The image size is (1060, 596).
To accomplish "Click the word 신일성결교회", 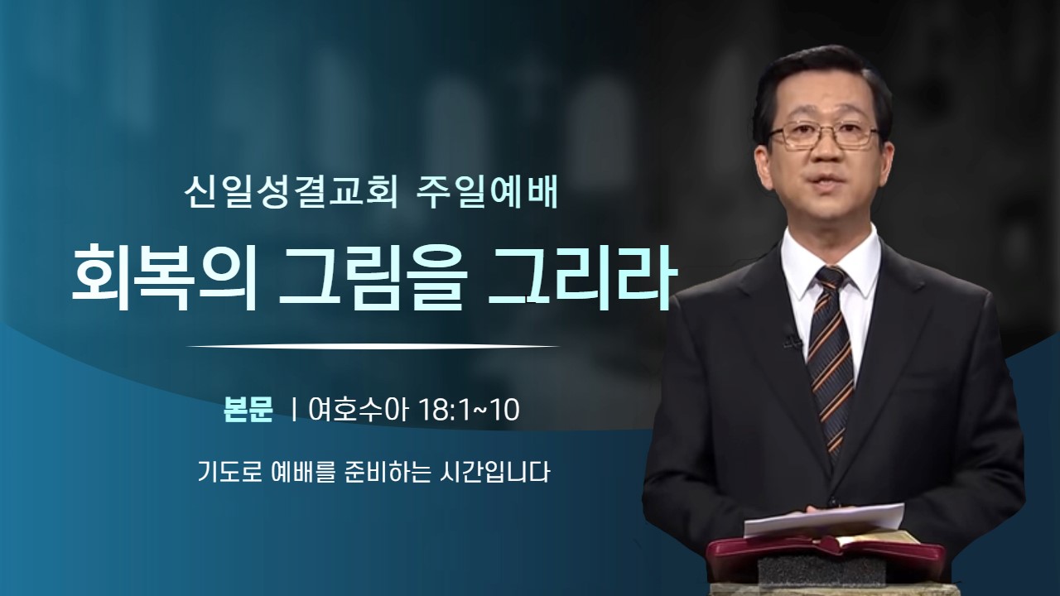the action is (291, 194).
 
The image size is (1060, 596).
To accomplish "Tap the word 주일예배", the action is (489, 194).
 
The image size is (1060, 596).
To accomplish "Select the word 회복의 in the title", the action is (160, 277).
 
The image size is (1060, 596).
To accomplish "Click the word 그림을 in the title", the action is (370, 277).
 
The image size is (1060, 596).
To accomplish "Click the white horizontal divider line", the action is (373, 346).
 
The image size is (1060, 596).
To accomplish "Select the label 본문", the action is (248, 410).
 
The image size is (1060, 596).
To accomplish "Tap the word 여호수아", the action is (358, 410).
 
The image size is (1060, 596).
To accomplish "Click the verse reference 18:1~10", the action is (470, 410).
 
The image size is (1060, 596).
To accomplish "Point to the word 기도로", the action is (229, 472).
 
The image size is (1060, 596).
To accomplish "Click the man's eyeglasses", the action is (824, 135).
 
